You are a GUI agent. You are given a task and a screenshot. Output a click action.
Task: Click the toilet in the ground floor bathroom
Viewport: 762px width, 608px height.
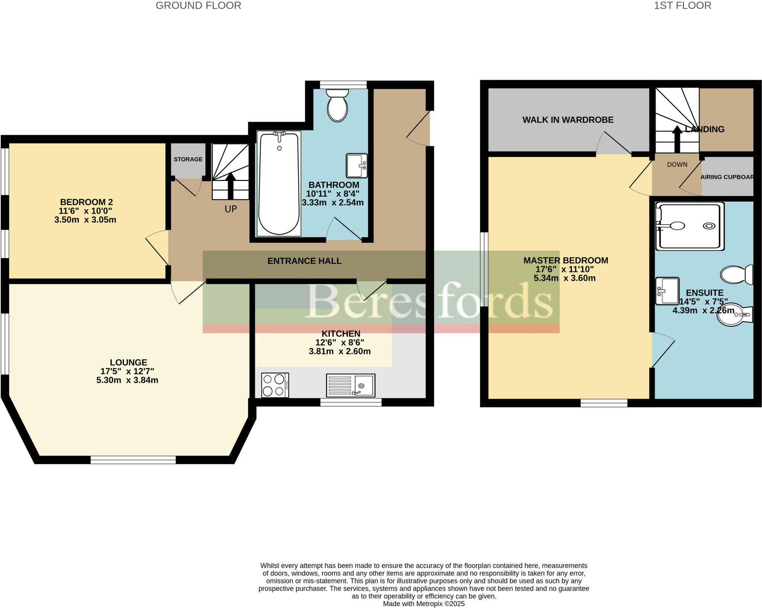337,106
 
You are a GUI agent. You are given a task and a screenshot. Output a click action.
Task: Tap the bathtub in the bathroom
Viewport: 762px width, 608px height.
279,184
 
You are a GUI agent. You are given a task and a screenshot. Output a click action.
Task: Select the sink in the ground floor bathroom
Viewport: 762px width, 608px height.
356,165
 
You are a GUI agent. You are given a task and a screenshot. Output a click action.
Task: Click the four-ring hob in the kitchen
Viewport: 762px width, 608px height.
275,385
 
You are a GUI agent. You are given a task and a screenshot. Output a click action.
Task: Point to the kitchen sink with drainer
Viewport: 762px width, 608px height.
350,385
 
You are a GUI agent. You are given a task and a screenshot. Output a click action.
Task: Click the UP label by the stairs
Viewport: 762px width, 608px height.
231,209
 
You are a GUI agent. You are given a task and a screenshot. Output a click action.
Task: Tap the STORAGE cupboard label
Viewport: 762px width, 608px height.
188,159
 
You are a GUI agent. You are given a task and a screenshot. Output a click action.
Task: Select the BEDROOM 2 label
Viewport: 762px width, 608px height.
86,202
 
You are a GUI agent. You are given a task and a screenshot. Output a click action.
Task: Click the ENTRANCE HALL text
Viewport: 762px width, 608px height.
304,261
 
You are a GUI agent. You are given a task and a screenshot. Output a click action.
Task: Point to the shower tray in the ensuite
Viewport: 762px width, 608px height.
689,226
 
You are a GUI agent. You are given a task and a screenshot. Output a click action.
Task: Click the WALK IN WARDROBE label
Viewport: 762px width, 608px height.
568,120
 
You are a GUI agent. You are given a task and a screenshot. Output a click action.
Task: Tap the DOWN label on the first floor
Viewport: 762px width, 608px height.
677,164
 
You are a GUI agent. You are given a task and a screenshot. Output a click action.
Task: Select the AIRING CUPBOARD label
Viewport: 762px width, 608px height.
727,177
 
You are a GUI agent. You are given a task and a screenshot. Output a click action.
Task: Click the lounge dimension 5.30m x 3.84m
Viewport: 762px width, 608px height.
127,380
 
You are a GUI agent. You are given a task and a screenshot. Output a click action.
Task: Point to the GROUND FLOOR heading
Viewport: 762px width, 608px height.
198,6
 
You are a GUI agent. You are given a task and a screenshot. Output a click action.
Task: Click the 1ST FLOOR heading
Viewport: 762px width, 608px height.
682,6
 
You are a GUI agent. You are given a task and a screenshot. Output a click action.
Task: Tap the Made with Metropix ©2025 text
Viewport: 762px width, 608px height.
424,604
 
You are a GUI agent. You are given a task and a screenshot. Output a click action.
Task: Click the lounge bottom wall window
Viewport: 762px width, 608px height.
133,460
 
